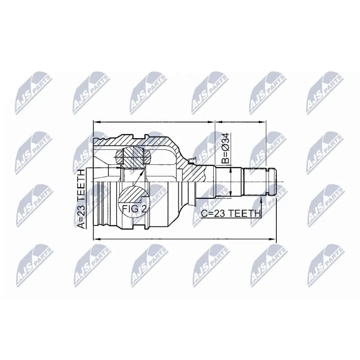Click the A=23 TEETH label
pos(81,199)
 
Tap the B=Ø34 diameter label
pos(226,148)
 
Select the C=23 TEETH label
pos(231,213)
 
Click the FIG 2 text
pos(134,209)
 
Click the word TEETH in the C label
pos(245,213)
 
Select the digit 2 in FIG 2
pos(143,209)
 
